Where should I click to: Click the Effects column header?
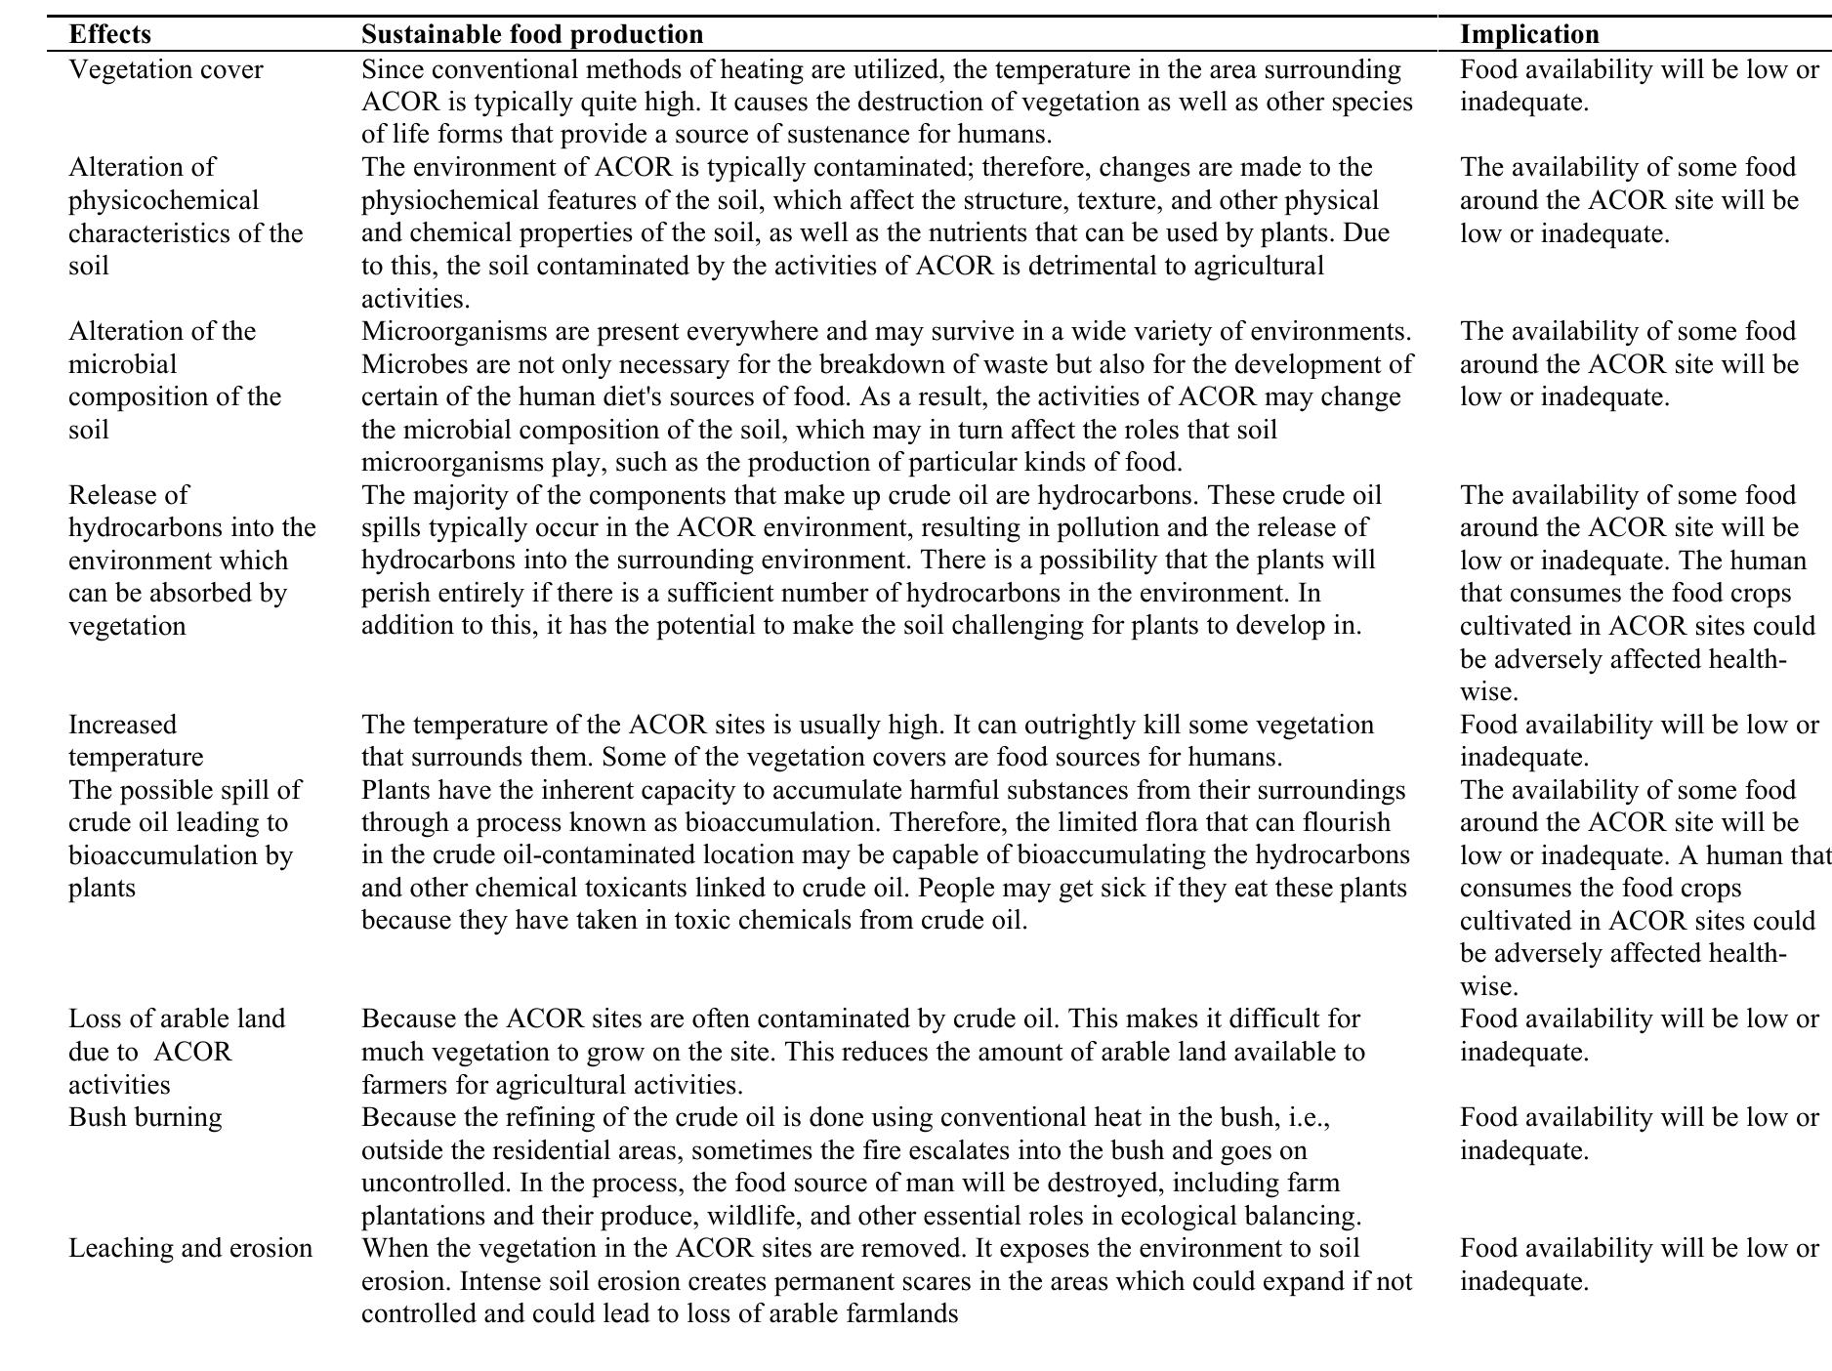(109, 34)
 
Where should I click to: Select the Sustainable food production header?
(531, 34)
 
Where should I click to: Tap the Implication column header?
(1529, 34)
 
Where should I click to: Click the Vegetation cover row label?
(165, 70)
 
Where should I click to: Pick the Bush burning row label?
(145, 1117)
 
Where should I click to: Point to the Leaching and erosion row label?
(190, 1248)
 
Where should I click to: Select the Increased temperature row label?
(136, 741)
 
